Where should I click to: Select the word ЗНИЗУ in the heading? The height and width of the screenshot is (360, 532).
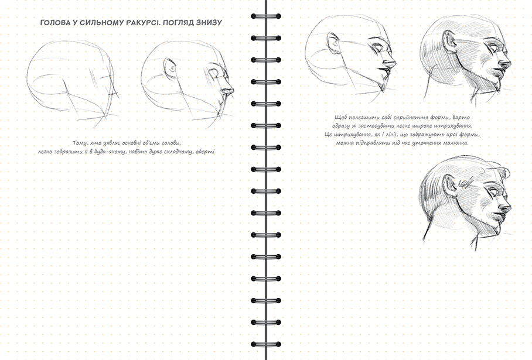click(x=210, y=23)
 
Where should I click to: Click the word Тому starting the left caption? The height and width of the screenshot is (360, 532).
click(x=80, y=143)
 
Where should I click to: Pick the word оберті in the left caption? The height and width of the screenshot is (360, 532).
click(x=205, y=152)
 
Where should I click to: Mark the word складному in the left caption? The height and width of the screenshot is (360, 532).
click(x=179, y=152)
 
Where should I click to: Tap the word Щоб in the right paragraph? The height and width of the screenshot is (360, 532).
click(x=340, y=117)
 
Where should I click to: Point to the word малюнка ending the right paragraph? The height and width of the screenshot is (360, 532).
click(x=456, y=143)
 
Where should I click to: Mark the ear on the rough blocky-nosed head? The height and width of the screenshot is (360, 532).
click(x=170, y=69)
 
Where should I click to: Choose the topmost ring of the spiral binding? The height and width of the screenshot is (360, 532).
click(x=266, y=16)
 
